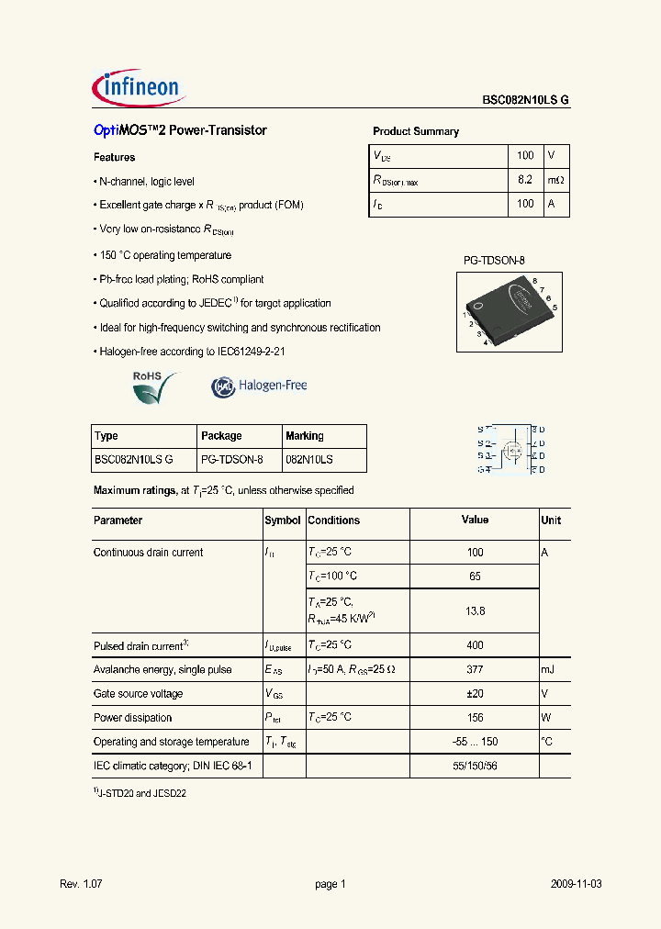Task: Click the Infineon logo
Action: point(140,88)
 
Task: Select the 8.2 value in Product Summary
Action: point(525,180)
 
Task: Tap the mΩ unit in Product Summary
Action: point(556,180)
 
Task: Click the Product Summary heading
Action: point(415,131)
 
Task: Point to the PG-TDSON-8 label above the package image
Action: point(493,261)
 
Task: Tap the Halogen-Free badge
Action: point(259,386)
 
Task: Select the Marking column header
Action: point(305,436)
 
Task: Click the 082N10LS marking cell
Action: point(309,460)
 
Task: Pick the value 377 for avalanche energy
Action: point(475,670)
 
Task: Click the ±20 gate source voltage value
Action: point(475,694)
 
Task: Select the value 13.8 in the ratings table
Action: point(475,610)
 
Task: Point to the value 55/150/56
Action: point(475,766)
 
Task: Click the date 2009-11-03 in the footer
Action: point(577,884)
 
